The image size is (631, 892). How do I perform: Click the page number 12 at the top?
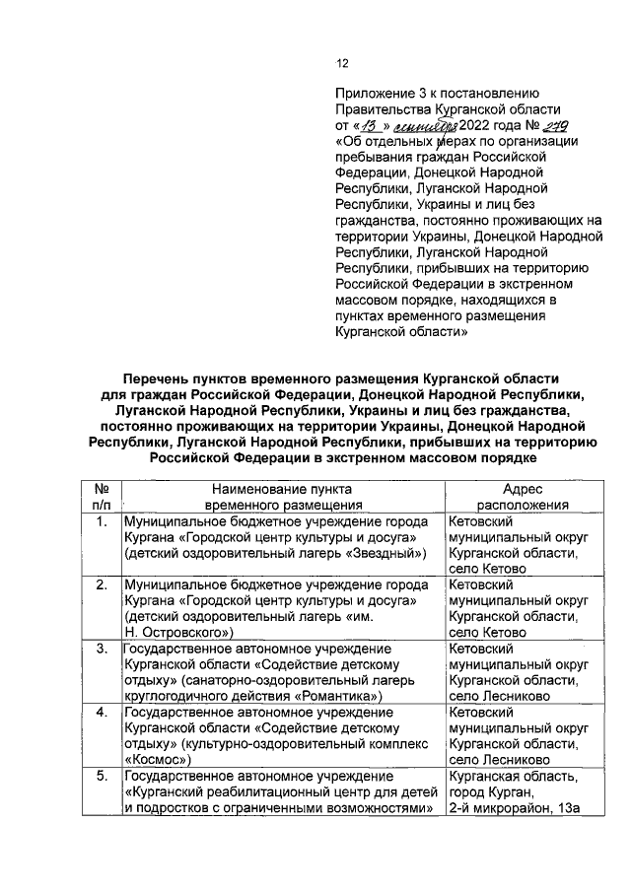pyautogui.click(x=343, y=64)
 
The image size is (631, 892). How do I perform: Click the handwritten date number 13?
pyautogui.click(x=368, y=126)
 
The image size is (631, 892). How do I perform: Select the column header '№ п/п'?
pyautogui.click(x=100, y=496)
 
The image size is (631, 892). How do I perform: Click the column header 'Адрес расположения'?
pyautogui.click(x=522, y=496)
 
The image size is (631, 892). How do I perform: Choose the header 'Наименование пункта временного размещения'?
pyautogui.click(x=282, y=496)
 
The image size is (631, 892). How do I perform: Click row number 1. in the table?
pyautogui.click(x=101, y=521)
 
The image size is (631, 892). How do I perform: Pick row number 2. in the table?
pyautogui.click(x=101, y=584)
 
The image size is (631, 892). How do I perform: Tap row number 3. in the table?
pyautogui.click(x=101, y=649)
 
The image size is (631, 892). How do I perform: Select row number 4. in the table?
pyautogui.click(x=101, y=712)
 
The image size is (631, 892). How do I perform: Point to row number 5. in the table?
pyautogui.click(x=101, y=776)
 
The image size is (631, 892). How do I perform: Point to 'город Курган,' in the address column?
pyautogui.click(x=490, y=792)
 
